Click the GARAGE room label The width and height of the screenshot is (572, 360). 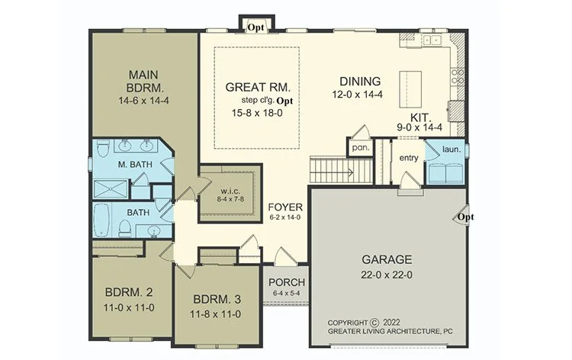(x=387, y=259)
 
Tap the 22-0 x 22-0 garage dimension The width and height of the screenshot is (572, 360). (x=387, y=275)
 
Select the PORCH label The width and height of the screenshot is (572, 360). (x=287, y=282)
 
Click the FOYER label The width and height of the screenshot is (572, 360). (x=285, y=207)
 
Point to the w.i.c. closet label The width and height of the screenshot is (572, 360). (x=230, y=191)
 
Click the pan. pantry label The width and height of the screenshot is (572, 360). (x=361, y=148)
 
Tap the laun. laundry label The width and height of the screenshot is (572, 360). (x=451, y=149)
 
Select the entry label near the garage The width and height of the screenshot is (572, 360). (x=409, y=158)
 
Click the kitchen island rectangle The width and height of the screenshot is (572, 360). (x=410, y=89)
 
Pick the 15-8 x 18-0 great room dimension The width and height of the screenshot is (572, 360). (x=257, y=113)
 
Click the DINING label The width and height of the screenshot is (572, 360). (x=360, y=82)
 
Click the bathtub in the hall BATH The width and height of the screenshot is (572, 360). (x=101, y=220)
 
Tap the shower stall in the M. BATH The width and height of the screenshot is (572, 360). (x=111, y=189)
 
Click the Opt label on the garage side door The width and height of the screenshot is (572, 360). (x=465, y=217)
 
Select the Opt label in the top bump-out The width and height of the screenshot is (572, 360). (x=255, y=27)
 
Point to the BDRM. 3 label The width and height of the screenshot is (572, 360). (x=217, y=300)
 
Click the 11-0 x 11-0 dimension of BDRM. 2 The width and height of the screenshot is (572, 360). (x=129, y=308)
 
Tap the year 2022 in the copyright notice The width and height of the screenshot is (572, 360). (x=391, y=323)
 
